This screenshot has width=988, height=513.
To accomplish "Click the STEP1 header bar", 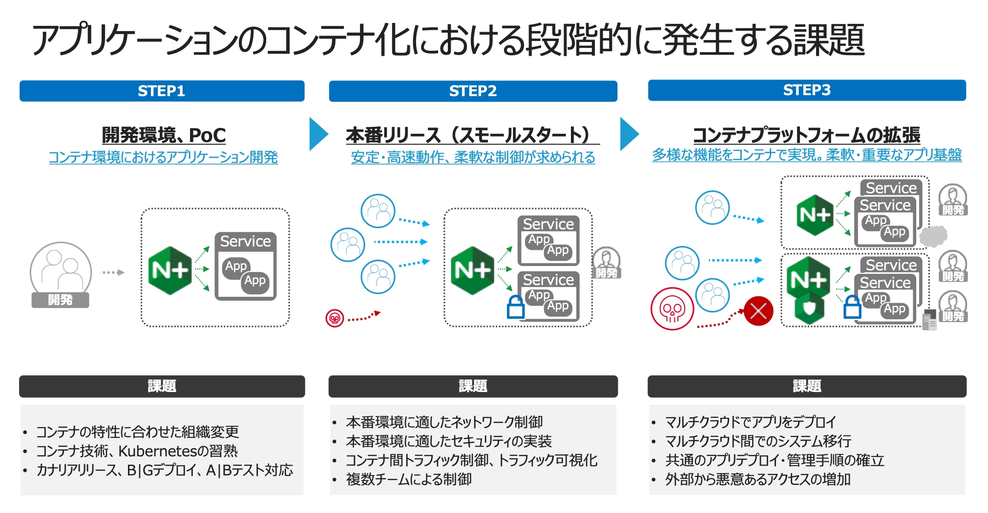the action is (162, 91).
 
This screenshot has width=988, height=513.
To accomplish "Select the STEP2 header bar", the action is (473, 91).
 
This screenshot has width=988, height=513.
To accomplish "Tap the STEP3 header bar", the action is (807, 90).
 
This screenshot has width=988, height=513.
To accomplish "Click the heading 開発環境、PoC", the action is (164, 135).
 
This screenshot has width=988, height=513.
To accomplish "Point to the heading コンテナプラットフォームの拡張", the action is (806, 135).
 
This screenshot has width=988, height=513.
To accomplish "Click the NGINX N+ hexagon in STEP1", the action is (169, 270).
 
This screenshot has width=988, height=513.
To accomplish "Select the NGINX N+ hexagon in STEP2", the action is (472, 270).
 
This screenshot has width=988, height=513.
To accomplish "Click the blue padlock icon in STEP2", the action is (515, 307).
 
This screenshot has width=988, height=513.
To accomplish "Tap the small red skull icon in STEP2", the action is (335, 318).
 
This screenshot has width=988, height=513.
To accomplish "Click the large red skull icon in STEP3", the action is (672, 308).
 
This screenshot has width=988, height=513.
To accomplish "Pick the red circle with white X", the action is (758, 310).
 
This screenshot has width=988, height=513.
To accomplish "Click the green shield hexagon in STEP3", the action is (809, 308).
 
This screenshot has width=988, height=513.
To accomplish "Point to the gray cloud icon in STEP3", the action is (933, 236).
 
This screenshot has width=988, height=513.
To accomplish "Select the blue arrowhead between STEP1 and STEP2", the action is (319, 134).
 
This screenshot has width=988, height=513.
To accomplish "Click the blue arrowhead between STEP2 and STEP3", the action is (630, 134).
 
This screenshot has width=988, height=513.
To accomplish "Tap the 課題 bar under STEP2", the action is (473, 386).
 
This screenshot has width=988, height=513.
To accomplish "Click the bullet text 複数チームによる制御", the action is (409, 479).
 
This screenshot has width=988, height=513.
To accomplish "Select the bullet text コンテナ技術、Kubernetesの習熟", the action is (137, 451).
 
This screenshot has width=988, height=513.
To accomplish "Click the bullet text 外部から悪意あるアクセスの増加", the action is (758, 479).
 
